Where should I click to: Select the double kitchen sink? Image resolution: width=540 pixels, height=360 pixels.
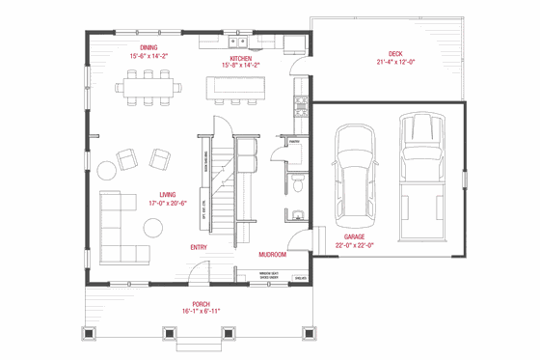click(x=238, y=42)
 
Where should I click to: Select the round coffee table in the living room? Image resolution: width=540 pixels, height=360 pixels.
click(x=154, y=227)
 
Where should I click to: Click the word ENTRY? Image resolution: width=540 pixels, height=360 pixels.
click(x=199, y=247)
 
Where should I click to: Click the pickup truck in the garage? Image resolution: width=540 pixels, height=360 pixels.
click(x=420, y=164)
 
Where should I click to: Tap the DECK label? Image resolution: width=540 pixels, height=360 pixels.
click(x=395, y=53)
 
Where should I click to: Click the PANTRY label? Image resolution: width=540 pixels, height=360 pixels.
click(x=283, y=139)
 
